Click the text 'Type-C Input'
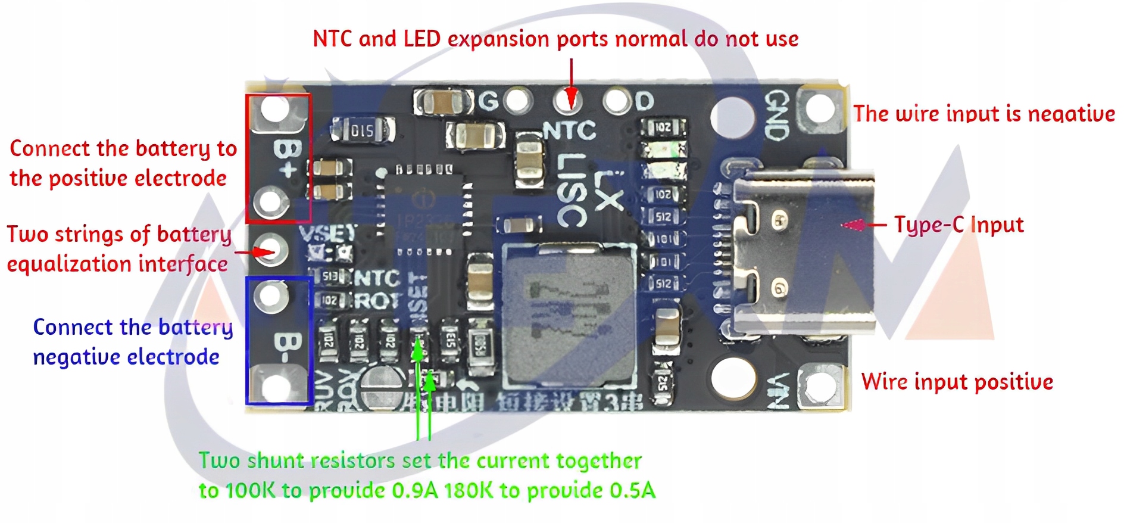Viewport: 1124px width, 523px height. pyautogui.click(x=958, y=225)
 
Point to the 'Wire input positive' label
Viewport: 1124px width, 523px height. pyautogui.click(x=957, y=382)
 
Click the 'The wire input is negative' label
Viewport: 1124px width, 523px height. pyautogui.click(x=984, y=114)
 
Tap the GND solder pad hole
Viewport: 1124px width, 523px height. pyautogui.click(x=820, y=109)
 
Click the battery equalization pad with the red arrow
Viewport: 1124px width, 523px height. pyautogui.click(x=271, y=250)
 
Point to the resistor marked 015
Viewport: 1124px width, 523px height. pyautogui.click(x=362, y=130)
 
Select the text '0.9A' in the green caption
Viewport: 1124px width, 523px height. pyautogui.click(x=414, y=490)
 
